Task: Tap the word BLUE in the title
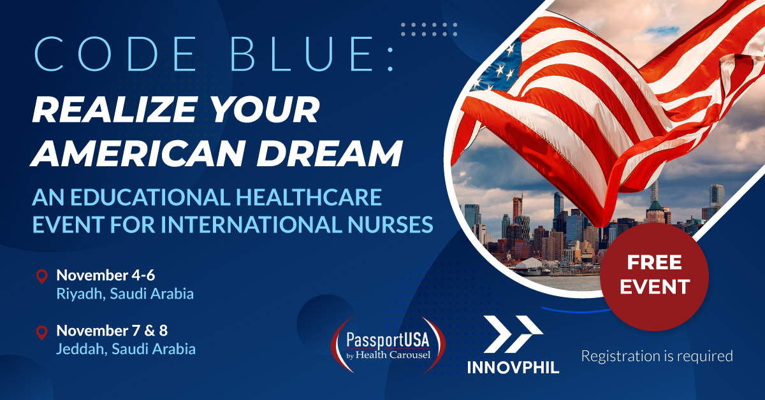point(302,54)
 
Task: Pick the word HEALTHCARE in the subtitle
point(309,197)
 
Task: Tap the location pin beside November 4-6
point(41,276)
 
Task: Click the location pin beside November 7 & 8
point(41,332)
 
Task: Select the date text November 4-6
point(106,275)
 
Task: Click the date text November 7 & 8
point(112,331)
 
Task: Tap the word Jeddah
point(82,349)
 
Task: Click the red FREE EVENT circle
point(654,277)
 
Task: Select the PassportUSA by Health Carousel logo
point(388,345)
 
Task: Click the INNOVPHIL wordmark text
point(513,368)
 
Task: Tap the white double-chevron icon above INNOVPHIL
point(513,334)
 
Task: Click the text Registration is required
point(657,356)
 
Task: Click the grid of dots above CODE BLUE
point(429,29)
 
